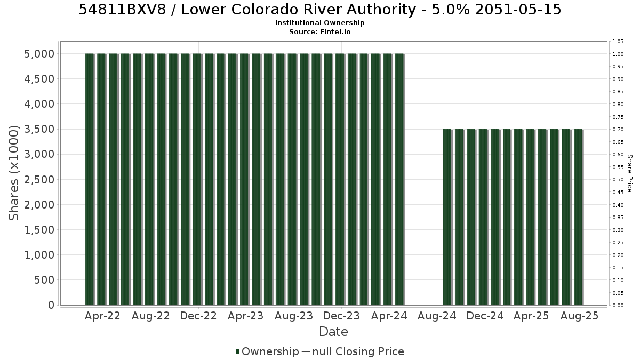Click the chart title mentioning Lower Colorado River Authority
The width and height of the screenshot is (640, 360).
tap(319, 10)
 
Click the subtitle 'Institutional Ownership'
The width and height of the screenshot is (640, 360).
tap(319, 23)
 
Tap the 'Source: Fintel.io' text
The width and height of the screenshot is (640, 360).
tap(319, 31)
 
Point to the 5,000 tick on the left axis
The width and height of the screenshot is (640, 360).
tap(39, 54)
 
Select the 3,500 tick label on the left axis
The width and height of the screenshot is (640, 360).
tap(39, 129)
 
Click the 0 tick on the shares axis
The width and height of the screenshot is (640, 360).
tap(51, 305)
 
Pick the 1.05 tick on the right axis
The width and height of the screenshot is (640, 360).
tap(618, 42)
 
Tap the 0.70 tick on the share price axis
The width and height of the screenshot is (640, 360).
tap(618, 130)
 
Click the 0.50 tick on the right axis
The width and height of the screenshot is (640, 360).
tap(618, 180)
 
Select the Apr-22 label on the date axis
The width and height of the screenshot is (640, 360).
tap(102, 316)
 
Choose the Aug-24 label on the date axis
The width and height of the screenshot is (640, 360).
tap(437, 316)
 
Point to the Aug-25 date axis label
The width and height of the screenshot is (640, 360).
tap(579, 316)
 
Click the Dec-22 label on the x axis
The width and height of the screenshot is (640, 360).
tap(198, 316)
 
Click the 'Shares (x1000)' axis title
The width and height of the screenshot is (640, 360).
tap(13, 173)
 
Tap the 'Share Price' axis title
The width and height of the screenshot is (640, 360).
tap(629, 173)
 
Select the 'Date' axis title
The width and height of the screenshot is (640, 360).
tap(333, 332)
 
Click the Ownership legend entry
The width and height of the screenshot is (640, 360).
tap(267, 351)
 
